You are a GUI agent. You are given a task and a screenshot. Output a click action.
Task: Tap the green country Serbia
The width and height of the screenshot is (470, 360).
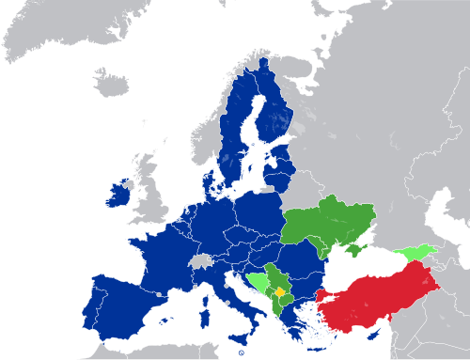[276, 277]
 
